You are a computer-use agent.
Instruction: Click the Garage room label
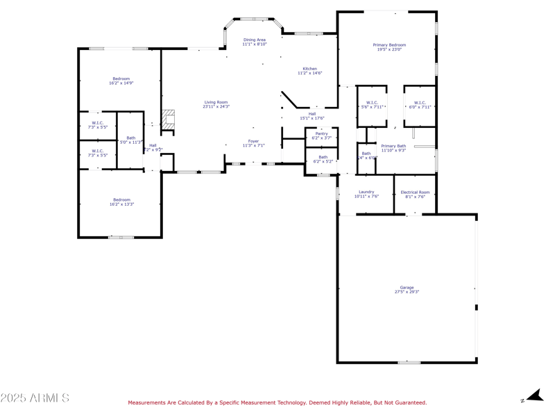pyautogui.click(x=407, y=289)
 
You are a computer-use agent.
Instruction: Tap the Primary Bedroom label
pyautogui.click(x=389, y=47)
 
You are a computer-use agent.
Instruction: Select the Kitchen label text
pyautogui.click(x=310, y=71)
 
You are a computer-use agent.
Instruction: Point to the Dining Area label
pyautogui.click(x=254, y=42)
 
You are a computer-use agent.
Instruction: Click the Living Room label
pyautogui.click(x=216, y=104)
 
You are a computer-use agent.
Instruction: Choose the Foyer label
pyautogui.click(x=253, y=143)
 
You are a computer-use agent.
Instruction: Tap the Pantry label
pyautogui.click(x=321, y=136)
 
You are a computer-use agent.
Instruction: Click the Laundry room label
pyautogui.click(x=366, y=194)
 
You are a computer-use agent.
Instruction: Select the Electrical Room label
pyautogui.click(x=415, y=194)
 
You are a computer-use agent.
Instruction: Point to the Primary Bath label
pyautogui.click(x=393, y=148)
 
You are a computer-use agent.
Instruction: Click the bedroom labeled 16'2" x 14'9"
pyautogui.click(x=121, y=81)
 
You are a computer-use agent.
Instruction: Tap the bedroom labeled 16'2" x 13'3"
pyautogui.click(x=121, y=202)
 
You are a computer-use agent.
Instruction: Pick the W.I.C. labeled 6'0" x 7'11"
pyautogui.click(x=420, y=105)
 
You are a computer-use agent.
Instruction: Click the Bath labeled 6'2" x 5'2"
pyautogui.click(x=323, y=159)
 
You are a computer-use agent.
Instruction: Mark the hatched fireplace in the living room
pyautogui.click(x=168, y=119)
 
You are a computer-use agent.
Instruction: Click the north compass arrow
pyautogui.click(x=533, y=396)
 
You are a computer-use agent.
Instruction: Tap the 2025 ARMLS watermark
pyautogui.click(x=35, y=398)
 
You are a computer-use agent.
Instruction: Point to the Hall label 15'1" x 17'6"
pyautogui.click(x=311, y=115)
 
